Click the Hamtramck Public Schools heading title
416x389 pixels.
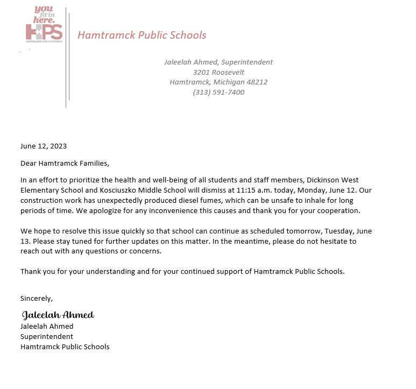(142, 36)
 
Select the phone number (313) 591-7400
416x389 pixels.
(218, 93)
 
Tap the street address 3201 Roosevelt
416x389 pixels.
(218, 72)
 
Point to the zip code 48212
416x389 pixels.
(256, 82)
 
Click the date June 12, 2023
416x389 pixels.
(44, 146)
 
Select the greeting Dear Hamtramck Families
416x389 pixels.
(65, 163)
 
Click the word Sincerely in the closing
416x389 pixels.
(36, 298)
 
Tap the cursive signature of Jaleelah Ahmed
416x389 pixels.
(58, 315)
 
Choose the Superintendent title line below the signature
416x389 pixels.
(47, 337)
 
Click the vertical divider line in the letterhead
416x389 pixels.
(66, 59)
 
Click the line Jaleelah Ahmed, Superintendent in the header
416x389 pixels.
(218, 62)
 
